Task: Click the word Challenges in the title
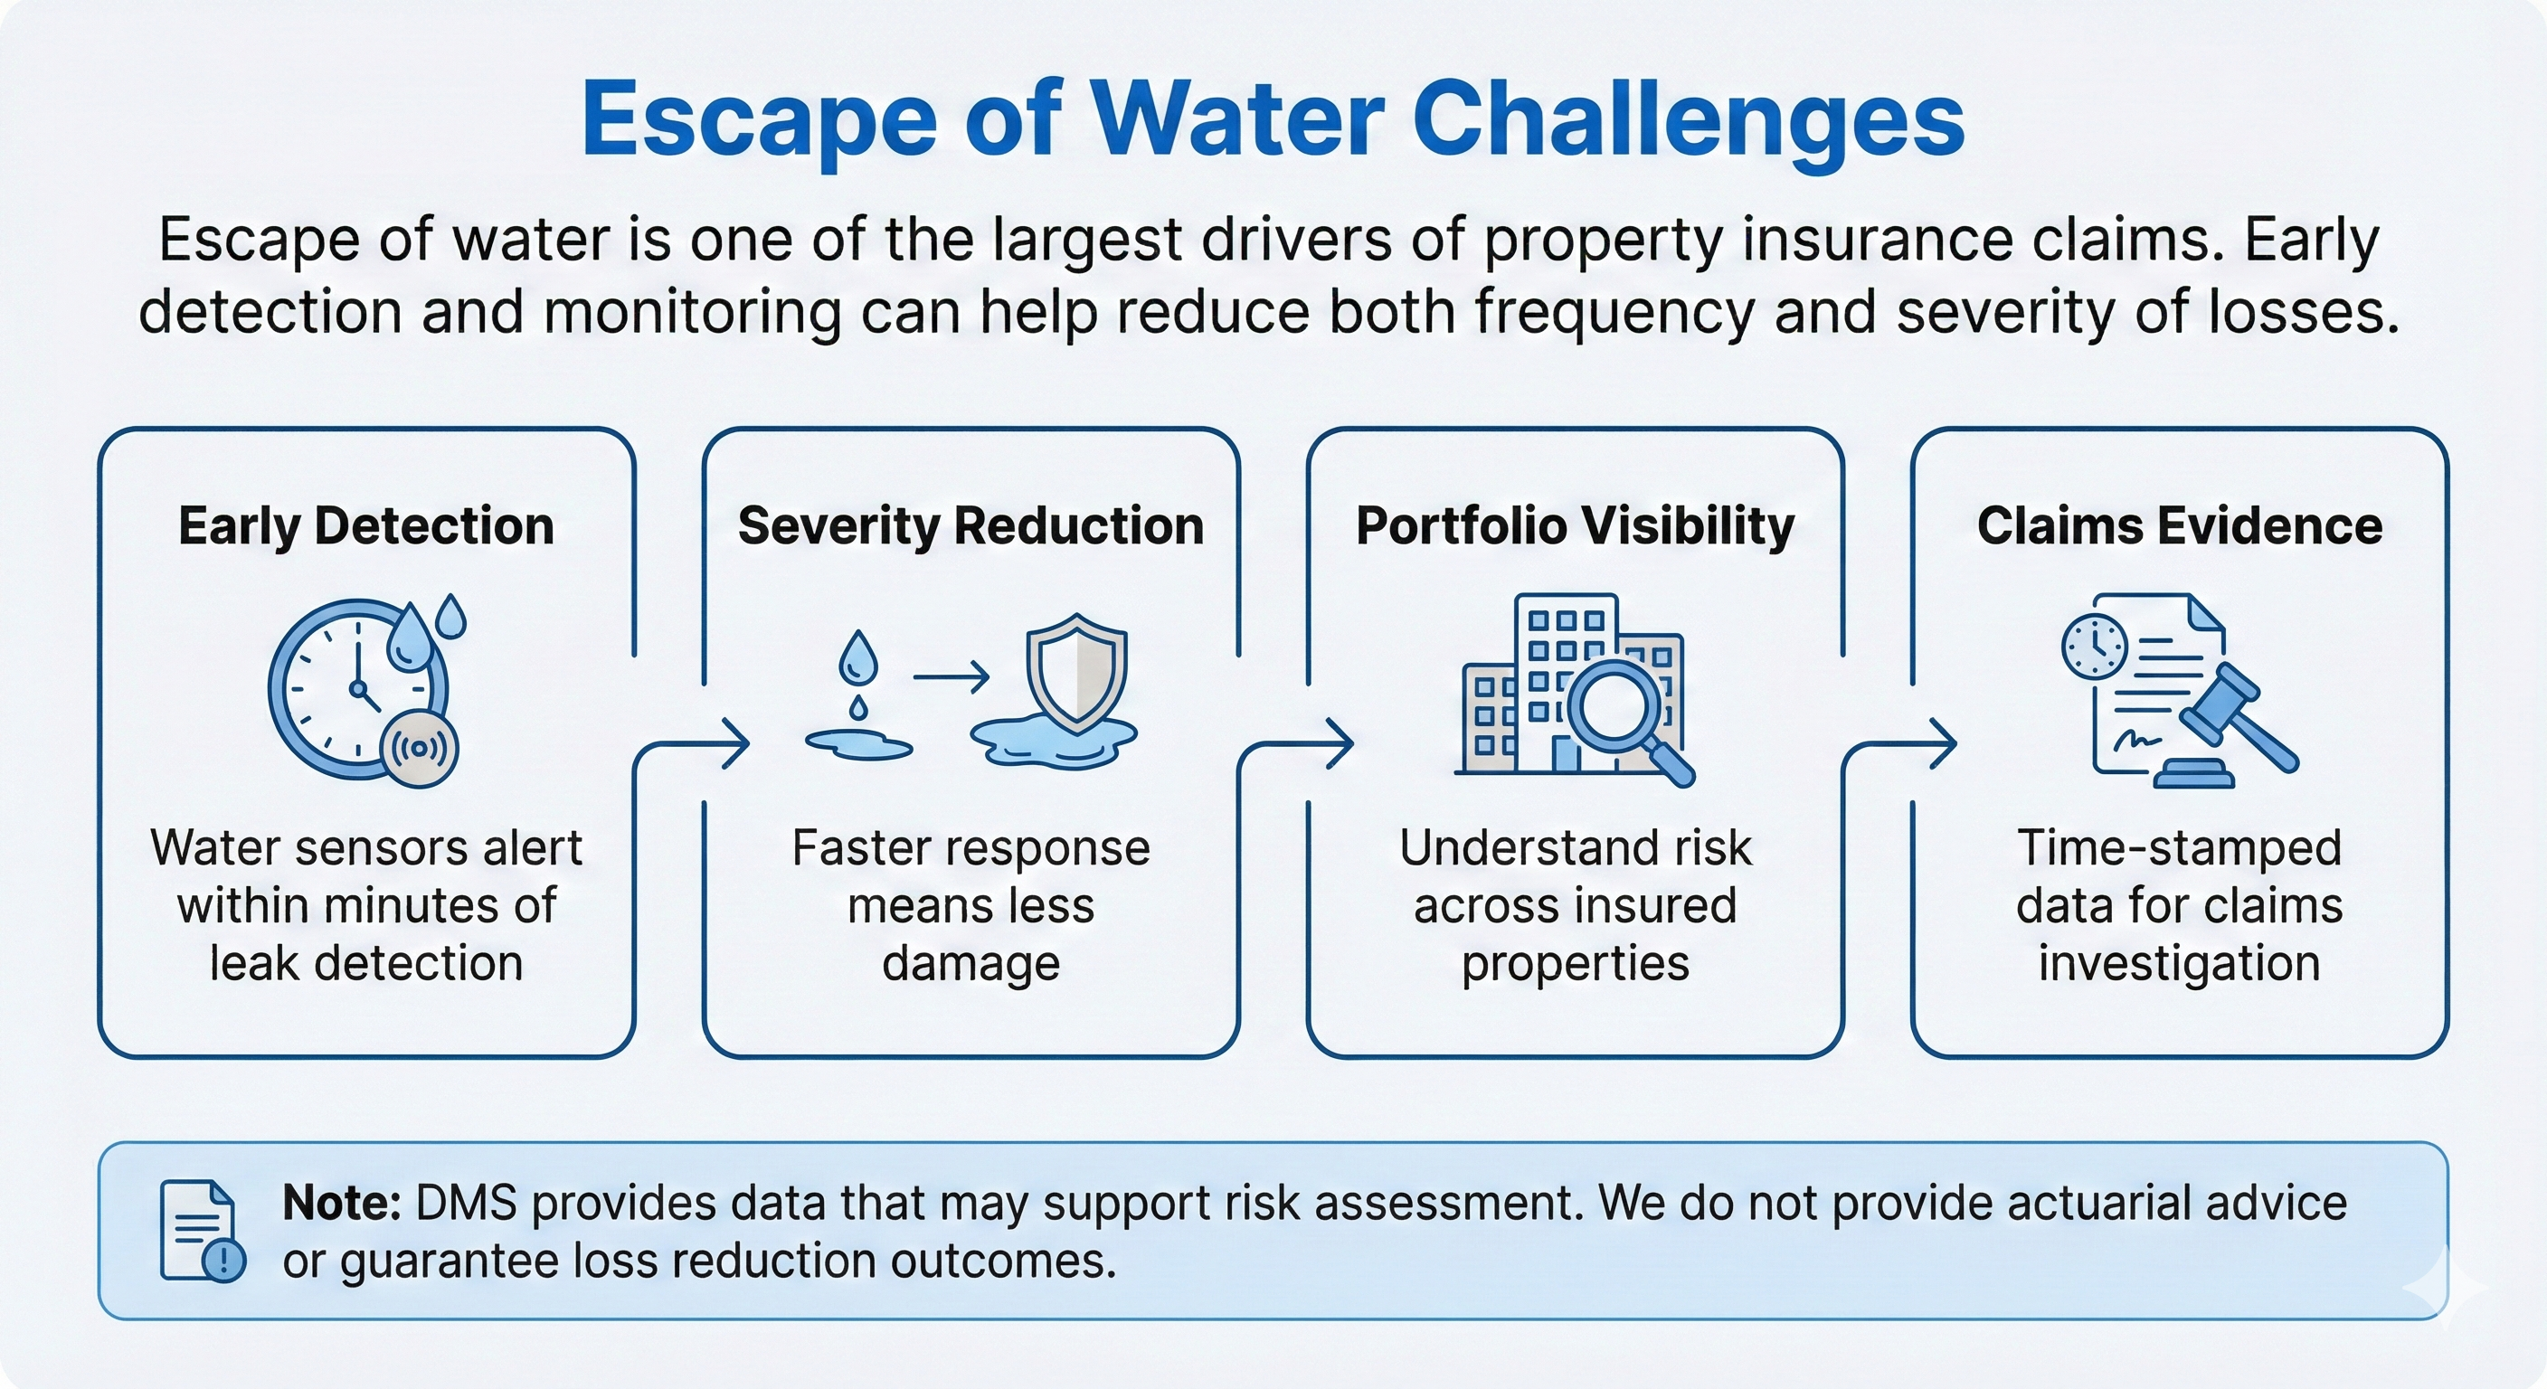point(1688,120)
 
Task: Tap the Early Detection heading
point(365,526)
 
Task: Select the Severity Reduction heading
point(970,526)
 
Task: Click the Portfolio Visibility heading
point(1574,526)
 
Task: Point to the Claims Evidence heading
point(2179,526)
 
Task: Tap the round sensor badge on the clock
point(421,749)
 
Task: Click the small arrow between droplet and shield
point(951,677)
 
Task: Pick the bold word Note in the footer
point(340,1203)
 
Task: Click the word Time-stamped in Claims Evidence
point(2179,848)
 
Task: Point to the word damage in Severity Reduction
point(970,963)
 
